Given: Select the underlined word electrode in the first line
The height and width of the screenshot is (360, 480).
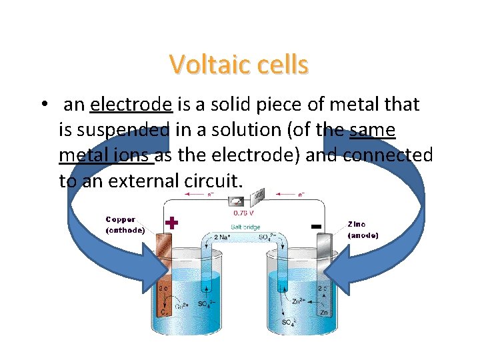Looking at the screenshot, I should (x=131, y=105).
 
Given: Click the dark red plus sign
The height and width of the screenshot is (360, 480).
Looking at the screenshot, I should (x=171, y=223).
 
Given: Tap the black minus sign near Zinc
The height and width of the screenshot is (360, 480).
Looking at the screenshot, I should (x=317, y=227).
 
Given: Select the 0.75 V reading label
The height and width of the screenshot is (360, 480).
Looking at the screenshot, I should (x=244, y=215).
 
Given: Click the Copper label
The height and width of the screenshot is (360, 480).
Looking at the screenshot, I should (x=121, y=219).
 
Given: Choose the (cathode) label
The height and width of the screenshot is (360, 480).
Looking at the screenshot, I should (x=125, y=231).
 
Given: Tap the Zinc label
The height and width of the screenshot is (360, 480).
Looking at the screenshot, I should (x=357, y=224).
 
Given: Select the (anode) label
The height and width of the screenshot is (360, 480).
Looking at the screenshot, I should (x=363, y=235).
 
